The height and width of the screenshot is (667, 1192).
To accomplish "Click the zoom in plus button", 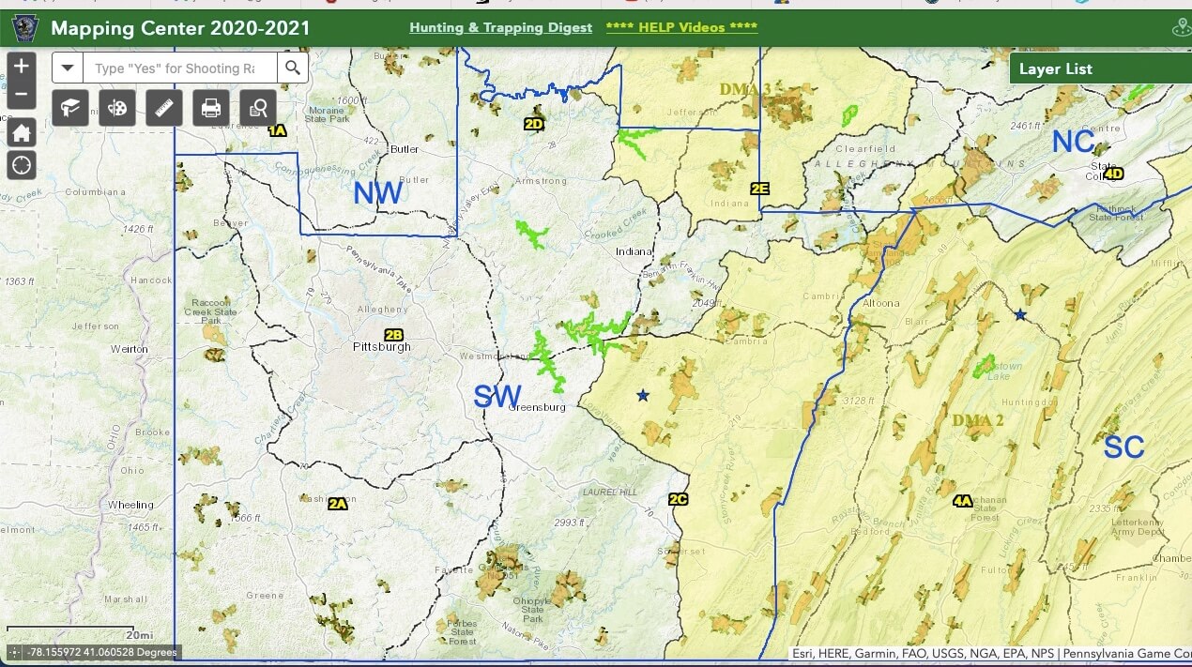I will pos(21,67).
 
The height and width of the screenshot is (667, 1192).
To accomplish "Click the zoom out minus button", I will pos(21,95).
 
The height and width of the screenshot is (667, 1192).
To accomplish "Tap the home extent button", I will pos(21,132).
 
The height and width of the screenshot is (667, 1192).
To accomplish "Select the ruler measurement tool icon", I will pos(164,108).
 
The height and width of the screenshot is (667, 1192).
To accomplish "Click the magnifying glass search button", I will pos(293,68).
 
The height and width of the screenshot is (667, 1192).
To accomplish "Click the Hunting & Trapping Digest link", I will pos(500,27).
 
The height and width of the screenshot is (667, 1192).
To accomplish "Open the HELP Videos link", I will pos(681,27).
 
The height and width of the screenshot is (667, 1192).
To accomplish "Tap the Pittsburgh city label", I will pos(381,347).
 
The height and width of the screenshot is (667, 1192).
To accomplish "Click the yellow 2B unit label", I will pos(393,334).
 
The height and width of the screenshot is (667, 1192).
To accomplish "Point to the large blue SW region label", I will pos(497,396).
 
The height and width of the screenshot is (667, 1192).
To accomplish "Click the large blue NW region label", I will pos(377,193).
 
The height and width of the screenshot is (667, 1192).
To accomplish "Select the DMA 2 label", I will pos(978,420).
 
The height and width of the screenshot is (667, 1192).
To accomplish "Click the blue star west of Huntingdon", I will pos(1020,315).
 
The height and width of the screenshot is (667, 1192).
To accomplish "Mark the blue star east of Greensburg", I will pos(642,396).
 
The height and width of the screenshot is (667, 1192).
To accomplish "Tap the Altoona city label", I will pos(880,303).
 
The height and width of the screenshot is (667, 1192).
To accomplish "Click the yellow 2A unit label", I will pos(338,504).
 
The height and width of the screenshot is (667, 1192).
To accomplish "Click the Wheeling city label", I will pos(130,505).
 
